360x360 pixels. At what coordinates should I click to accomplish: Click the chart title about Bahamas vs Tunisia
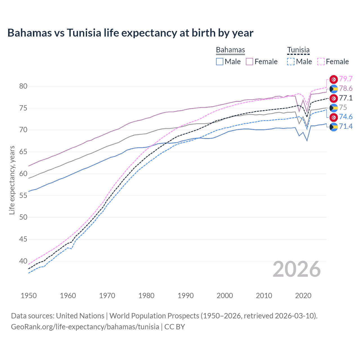pyautogui.click(x=130, y=33)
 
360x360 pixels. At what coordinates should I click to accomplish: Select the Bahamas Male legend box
pyautogui.click(x=220, y=62)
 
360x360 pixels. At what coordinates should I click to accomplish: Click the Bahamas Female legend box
pyautogui.click(x=249, y=62)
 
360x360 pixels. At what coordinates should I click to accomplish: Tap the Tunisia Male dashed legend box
pyautogui.click(x=291, y=62)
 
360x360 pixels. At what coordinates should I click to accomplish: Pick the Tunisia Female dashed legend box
pyautogui.click(x=321, y=62)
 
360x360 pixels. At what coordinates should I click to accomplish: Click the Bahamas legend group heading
pyautogui.click(x=230, y=50)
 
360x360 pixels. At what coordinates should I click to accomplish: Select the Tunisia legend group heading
pyautogui.click(x=298, y=50)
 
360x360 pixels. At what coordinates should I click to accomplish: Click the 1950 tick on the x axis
pyautogui.click(x=29, y=296)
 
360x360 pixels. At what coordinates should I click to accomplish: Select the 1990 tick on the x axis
pyautogui.click(x=186, y=296)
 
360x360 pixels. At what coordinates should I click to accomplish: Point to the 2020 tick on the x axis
pyautogui.click(x=303, y=296)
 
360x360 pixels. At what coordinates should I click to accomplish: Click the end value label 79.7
pyautogui.click(x=346, y=79)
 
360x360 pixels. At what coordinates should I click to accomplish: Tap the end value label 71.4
pyautogui.click(x=346, y=127)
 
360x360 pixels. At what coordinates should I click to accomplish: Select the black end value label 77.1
pyautogui.click(x=346, y=98)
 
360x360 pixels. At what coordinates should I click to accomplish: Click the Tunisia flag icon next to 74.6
pyautogui.click(x=334, y=117)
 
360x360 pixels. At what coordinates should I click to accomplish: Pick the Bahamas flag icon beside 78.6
pyautogui.click(x=334, y=89)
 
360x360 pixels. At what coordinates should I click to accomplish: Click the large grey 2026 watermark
pyautogui.click(x=296, y=269)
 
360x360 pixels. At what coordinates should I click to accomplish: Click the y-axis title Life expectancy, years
pyautogui.click(x=12, y=180)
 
